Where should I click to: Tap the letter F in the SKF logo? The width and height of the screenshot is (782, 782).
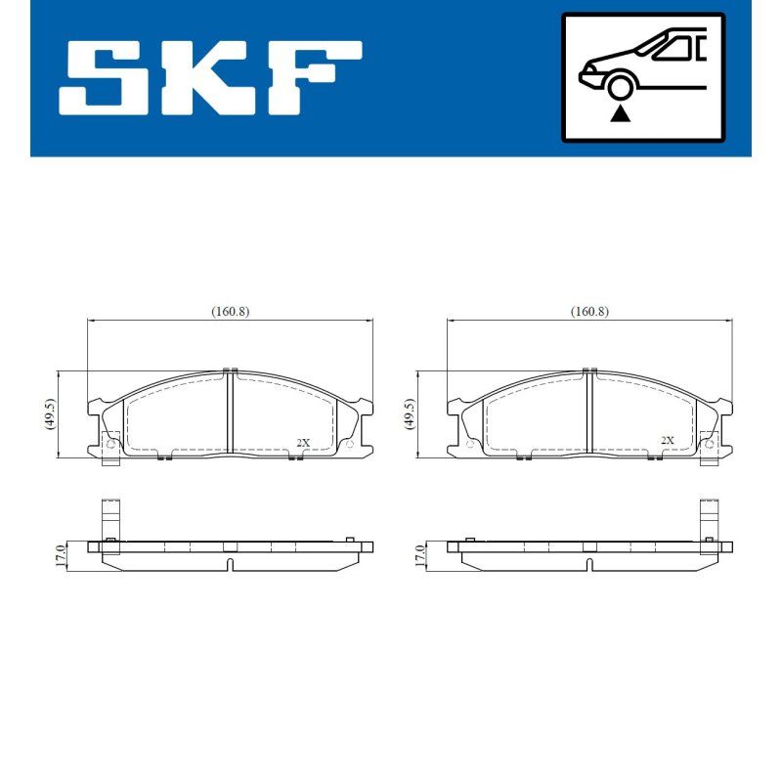313,78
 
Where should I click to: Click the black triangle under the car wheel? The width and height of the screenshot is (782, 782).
620,113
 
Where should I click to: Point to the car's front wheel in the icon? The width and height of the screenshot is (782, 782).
620,87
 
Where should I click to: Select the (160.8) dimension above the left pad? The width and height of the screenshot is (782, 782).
230,312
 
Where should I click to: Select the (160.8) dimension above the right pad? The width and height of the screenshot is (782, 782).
589,312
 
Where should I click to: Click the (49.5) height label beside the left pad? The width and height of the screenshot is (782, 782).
49,413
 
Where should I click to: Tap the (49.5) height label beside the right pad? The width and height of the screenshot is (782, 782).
409,413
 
